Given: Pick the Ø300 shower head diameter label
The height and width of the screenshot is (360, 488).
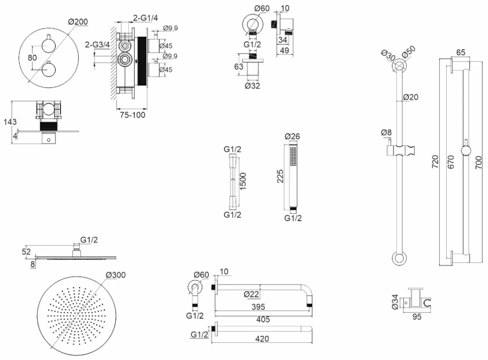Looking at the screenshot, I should tap(116, 275).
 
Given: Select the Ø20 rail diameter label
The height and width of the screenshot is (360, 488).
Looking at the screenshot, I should tap(411, 97).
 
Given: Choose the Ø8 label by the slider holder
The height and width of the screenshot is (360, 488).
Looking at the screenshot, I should tap(386, 133).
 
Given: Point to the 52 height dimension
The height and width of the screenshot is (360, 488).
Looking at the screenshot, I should tap(27, 251).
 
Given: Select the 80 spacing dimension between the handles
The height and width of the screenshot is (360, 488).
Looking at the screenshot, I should tap(32, 58).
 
